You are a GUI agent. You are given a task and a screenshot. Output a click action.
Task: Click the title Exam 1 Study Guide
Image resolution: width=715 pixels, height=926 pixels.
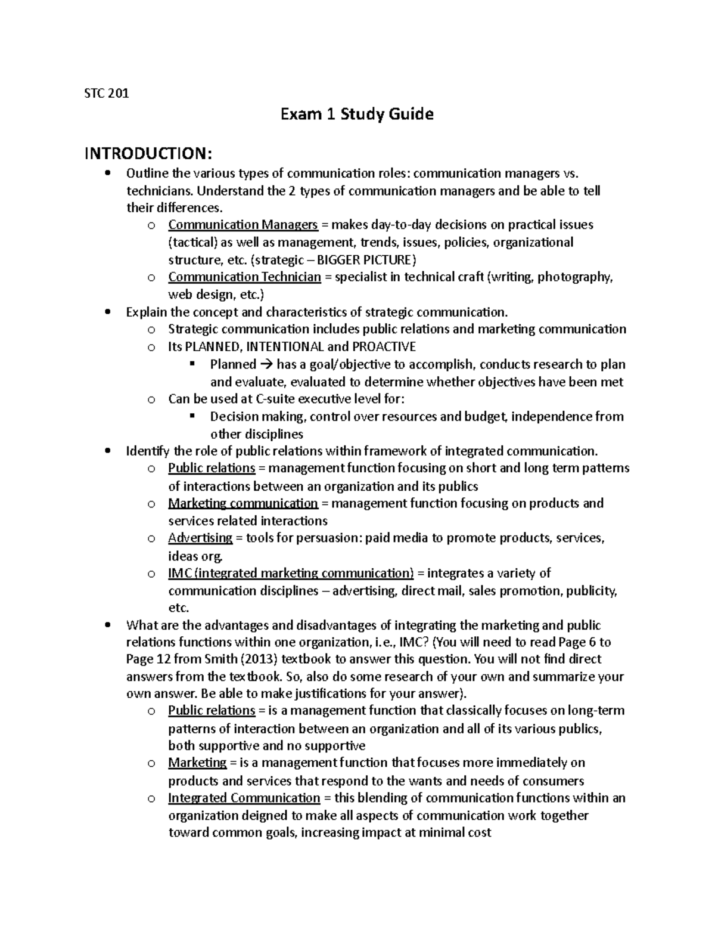pos(357,114)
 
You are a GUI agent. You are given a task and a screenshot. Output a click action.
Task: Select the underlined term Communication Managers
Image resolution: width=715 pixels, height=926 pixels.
pos(243,225)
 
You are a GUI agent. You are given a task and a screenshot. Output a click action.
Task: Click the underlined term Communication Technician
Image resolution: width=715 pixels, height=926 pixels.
pos(244,277)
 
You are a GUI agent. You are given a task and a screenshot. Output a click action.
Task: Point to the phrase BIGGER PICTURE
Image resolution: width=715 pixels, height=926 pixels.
pos(363,260)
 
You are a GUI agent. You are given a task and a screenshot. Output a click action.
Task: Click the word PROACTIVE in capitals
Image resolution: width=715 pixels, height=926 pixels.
pos(384,346)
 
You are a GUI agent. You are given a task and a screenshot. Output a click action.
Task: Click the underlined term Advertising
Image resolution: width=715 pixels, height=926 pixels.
pos(200,538)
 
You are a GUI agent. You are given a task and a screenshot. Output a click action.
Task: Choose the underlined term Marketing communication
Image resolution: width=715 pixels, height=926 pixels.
pos(243,503)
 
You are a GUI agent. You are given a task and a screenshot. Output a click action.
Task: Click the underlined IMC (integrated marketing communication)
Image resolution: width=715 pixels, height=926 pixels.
pos(291,573)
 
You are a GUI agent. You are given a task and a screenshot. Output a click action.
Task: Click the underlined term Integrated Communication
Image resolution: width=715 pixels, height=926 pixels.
pos(244,798)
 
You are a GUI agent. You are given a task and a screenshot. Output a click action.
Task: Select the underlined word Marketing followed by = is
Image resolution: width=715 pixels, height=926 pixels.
pos(197,763)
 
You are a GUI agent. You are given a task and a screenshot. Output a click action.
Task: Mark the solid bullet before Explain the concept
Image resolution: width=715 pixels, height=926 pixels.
pos(107,312)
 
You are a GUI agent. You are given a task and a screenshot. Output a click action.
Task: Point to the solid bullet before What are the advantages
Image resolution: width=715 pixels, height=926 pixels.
pos(107,625)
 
